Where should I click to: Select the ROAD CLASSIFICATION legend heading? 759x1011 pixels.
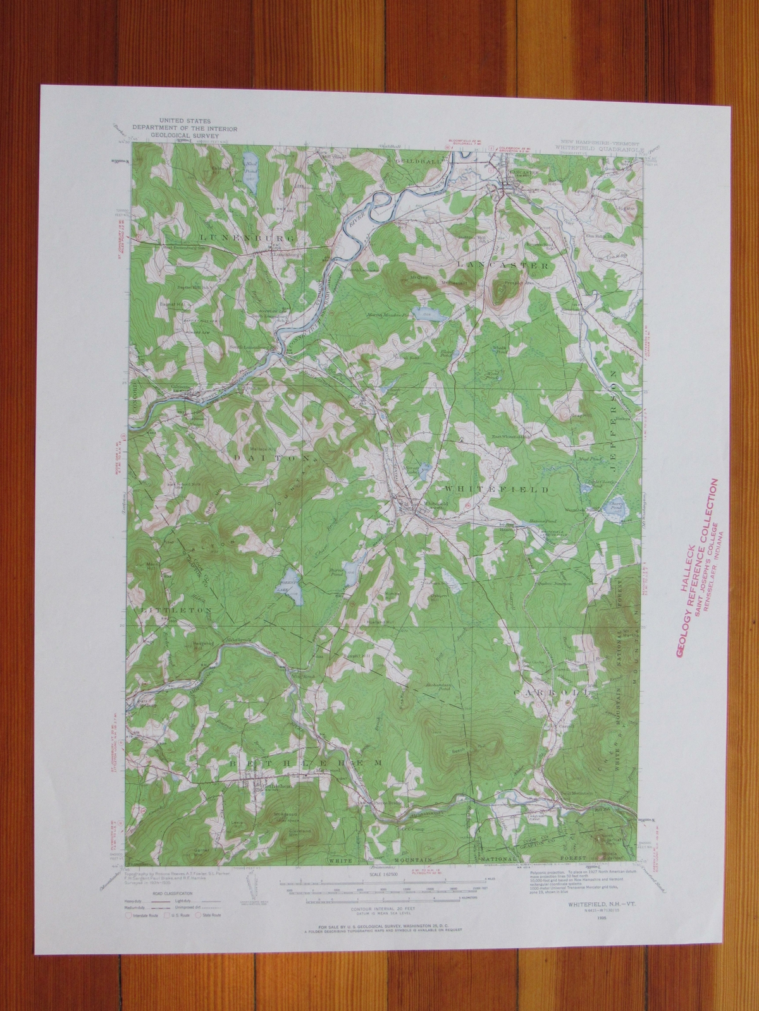tap(166, 894)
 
